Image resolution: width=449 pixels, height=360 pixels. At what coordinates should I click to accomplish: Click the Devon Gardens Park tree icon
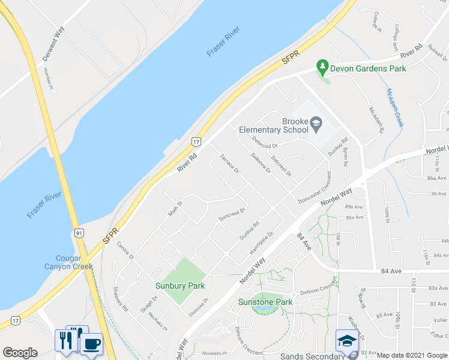tap(323, 67)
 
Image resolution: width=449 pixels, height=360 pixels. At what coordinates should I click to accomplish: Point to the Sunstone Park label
tap(265, 302)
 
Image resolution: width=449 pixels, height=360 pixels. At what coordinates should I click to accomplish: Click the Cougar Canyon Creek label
tap(68, 262)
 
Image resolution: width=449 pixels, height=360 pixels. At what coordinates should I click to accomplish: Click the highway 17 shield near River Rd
tap(196, 142)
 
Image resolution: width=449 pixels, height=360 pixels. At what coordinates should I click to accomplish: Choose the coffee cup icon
tap(91, 344)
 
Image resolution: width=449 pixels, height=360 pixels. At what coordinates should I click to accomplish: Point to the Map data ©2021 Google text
tap(411, 355)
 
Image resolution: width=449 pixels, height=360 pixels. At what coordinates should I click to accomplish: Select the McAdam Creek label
tap(394, 107)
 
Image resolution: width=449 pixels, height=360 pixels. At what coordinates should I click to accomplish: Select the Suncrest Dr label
tap(232, 214)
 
